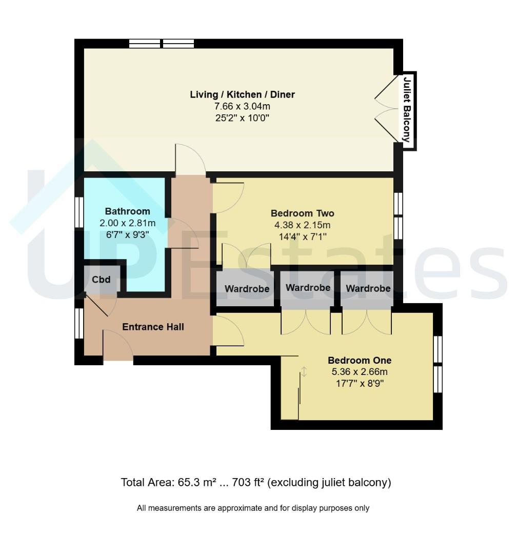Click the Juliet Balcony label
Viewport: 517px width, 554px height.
(407, 110)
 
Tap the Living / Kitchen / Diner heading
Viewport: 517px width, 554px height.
(242, 94)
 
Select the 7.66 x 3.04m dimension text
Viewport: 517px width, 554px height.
(242, 106)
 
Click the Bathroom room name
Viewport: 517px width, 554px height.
(128, 211)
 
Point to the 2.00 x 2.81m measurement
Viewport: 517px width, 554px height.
(128, 223)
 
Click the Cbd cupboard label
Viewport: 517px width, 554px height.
(101, 280)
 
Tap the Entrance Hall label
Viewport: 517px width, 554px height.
(153, 327)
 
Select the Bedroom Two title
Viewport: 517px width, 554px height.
(302, 213)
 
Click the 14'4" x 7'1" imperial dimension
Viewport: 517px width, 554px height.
(303, 236)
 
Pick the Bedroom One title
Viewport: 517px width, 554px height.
(360, 361)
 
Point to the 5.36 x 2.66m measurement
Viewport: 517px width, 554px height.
(360, 372)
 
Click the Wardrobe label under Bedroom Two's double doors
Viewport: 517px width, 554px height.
(247, 289)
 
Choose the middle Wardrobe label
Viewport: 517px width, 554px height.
(308, 288)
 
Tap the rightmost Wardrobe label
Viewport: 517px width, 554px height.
(368, 288)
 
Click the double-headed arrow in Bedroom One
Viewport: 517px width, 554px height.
(304, 372)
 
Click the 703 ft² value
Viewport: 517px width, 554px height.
(248, 482)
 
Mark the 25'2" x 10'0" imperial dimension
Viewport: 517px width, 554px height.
(242, 117)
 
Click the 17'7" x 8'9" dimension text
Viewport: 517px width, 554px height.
(360, 383)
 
